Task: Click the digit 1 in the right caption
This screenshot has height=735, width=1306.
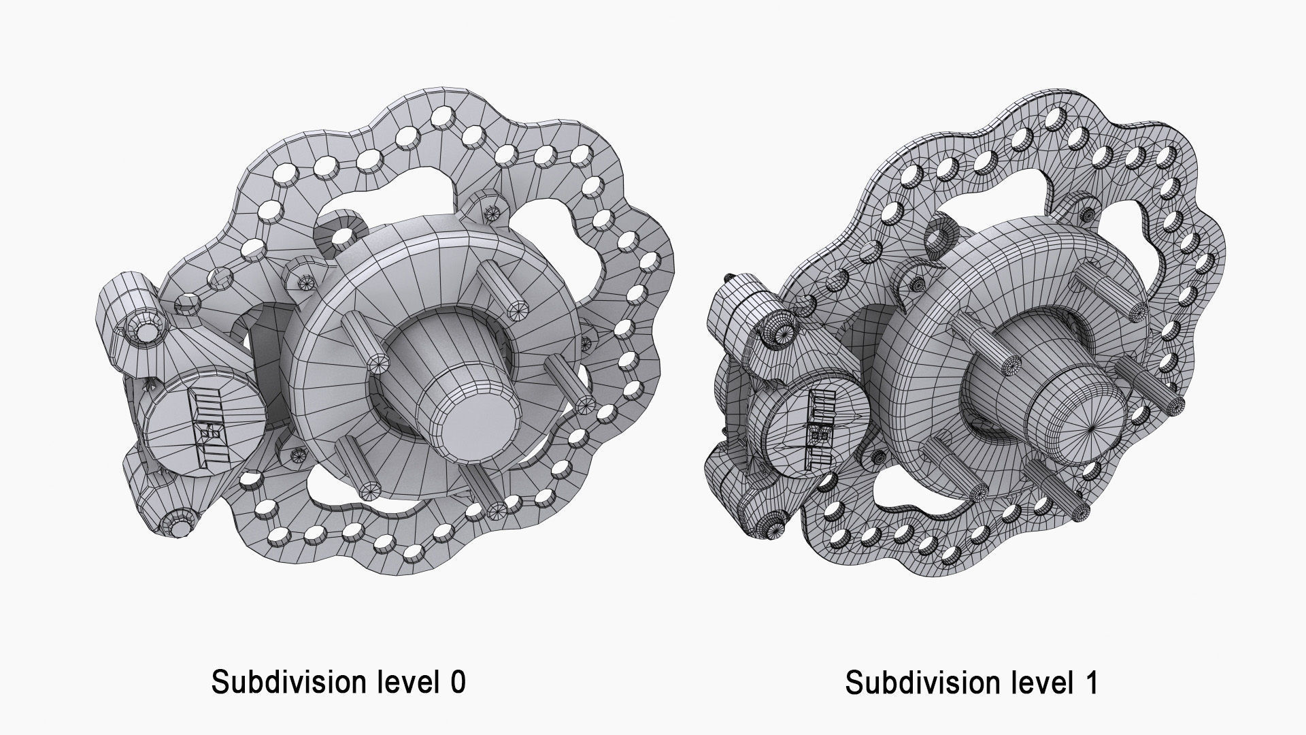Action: pyautogui.click(x=1090, y=683)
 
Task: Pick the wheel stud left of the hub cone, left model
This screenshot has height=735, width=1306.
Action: pyautogui.click(x=361, y=341)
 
